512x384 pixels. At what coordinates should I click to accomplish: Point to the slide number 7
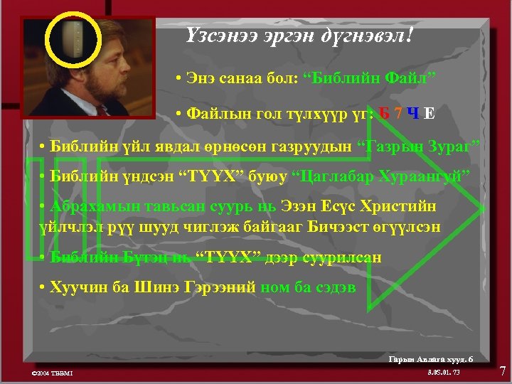pyautogui.click(x=502, y=370)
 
